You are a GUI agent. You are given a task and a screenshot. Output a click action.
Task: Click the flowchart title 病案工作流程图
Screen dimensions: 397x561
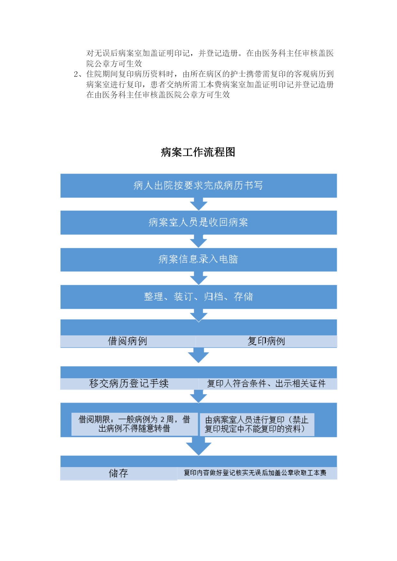coord(198,152)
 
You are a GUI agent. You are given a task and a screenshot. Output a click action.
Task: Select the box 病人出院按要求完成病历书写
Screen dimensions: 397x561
coord(199,186)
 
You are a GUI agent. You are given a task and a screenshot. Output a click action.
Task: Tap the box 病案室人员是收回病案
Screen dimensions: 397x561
coord(199,223)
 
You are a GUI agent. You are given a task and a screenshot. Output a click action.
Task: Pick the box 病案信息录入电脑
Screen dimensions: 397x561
coord(199,259)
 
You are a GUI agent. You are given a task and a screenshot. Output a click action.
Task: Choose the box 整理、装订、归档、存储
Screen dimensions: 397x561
coord(199,297)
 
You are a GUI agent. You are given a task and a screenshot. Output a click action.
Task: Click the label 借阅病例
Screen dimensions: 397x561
coord(128,341)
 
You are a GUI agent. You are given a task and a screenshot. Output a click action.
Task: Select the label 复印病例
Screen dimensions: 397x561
coord(266,341)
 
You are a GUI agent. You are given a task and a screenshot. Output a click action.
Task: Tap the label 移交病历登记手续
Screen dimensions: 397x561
coord(129,383)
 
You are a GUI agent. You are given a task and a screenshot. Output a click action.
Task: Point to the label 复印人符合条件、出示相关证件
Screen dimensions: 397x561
coord(266,383)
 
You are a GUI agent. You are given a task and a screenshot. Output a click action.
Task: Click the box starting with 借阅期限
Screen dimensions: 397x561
coord(134,424)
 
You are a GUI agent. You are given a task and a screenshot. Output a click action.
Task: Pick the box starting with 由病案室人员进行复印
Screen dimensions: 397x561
coord(257,424)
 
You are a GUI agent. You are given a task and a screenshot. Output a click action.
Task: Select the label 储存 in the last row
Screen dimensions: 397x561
coord(119,473)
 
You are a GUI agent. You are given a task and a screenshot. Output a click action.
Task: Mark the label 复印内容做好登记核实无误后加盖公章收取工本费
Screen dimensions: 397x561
coord(255,473)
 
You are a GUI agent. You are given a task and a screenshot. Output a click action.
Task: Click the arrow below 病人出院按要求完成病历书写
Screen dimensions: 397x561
coord(199,204)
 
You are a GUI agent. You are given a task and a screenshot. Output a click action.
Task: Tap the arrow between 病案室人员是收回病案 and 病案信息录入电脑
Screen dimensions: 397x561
coord(199,241)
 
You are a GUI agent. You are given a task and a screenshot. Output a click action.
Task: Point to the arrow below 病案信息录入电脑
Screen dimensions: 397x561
coord(199,278)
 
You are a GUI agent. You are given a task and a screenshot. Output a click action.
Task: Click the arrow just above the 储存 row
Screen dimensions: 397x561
coord(199,446)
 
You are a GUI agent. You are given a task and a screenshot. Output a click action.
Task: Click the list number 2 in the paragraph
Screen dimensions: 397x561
coord(76,75)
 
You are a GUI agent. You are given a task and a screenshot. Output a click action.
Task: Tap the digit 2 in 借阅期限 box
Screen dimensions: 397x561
coord(163,419)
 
